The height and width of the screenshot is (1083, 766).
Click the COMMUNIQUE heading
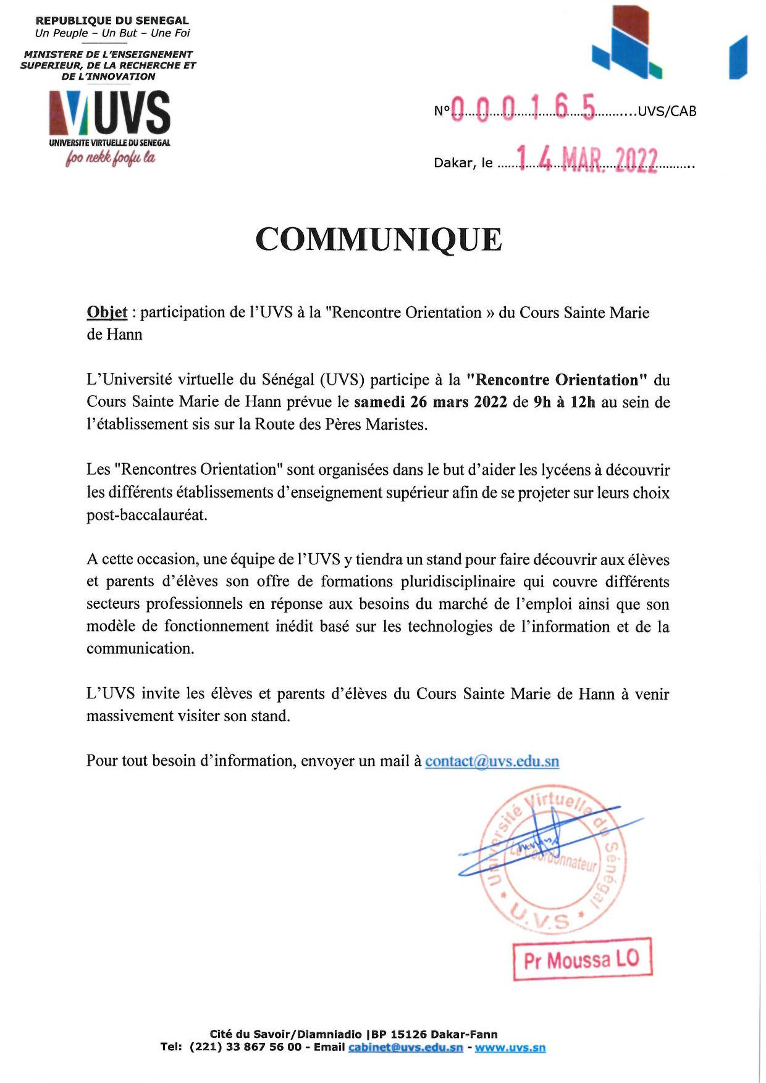coord(378,240)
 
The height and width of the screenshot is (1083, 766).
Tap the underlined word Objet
coord(107,312)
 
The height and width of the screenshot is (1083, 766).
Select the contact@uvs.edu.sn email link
coord(492,761)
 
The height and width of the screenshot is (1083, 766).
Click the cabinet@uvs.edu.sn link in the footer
coord(405,1047)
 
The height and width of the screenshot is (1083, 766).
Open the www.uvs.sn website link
coord(510,1047)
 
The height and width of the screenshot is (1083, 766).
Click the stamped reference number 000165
coord(523,109)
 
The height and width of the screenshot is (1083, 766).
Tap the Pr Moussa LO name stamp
coord(582,960)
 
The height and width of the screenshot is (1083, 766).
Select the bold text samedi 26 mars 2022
coord(431,402)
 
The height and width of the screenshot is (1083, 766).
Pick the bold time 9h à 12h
coord(564,402)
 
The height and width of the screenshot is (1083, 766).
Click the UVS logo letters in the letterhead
coord(132,113)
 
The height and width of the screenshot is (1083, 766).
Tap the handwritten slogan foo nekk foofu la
coord(111,158)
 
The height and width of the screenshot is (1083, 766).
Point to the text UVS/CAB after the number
coord(667,111)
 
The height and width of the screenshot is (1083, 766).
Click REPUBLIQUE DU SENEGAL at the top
coord(112,21)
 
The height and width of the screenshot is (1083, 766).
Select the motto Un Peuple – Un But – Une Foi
coord(112,33)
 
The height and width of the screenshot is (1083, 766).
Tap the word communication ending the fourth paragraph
coord(140,648)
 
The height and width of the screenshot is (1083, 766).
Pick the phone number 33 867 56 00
coord(263,1047)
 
